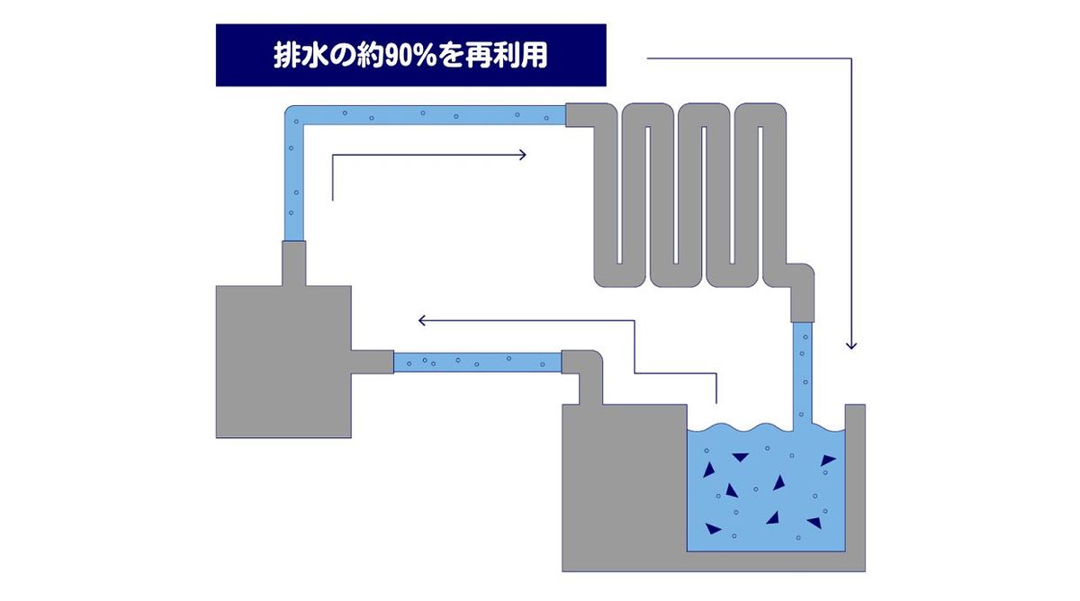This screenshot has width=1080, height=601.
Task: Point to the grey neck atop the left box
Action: pyautogui.click(x=294, y=264)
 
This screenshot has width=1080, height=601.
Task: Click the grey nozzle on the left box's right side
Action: pyautogui.click(x=372, y=361)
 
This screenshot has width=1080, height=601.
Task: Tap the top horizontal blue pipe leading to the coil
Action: pyautogui.click(x=432, y=115)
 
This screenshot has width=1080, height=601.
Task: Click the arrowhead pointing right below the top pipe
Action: pyautogui.click(x=522, y=155)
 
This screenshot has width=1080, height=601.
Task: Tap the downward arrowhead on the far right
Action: pyautogui.click(x=851, y=345)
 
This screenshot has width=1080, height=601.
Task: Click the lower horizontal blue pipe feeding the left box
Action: pyautogui.click(x=477, y=362)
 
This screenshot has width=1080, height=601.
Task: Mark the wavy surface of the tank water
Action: pyautogui.click(x=765, y=429)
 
